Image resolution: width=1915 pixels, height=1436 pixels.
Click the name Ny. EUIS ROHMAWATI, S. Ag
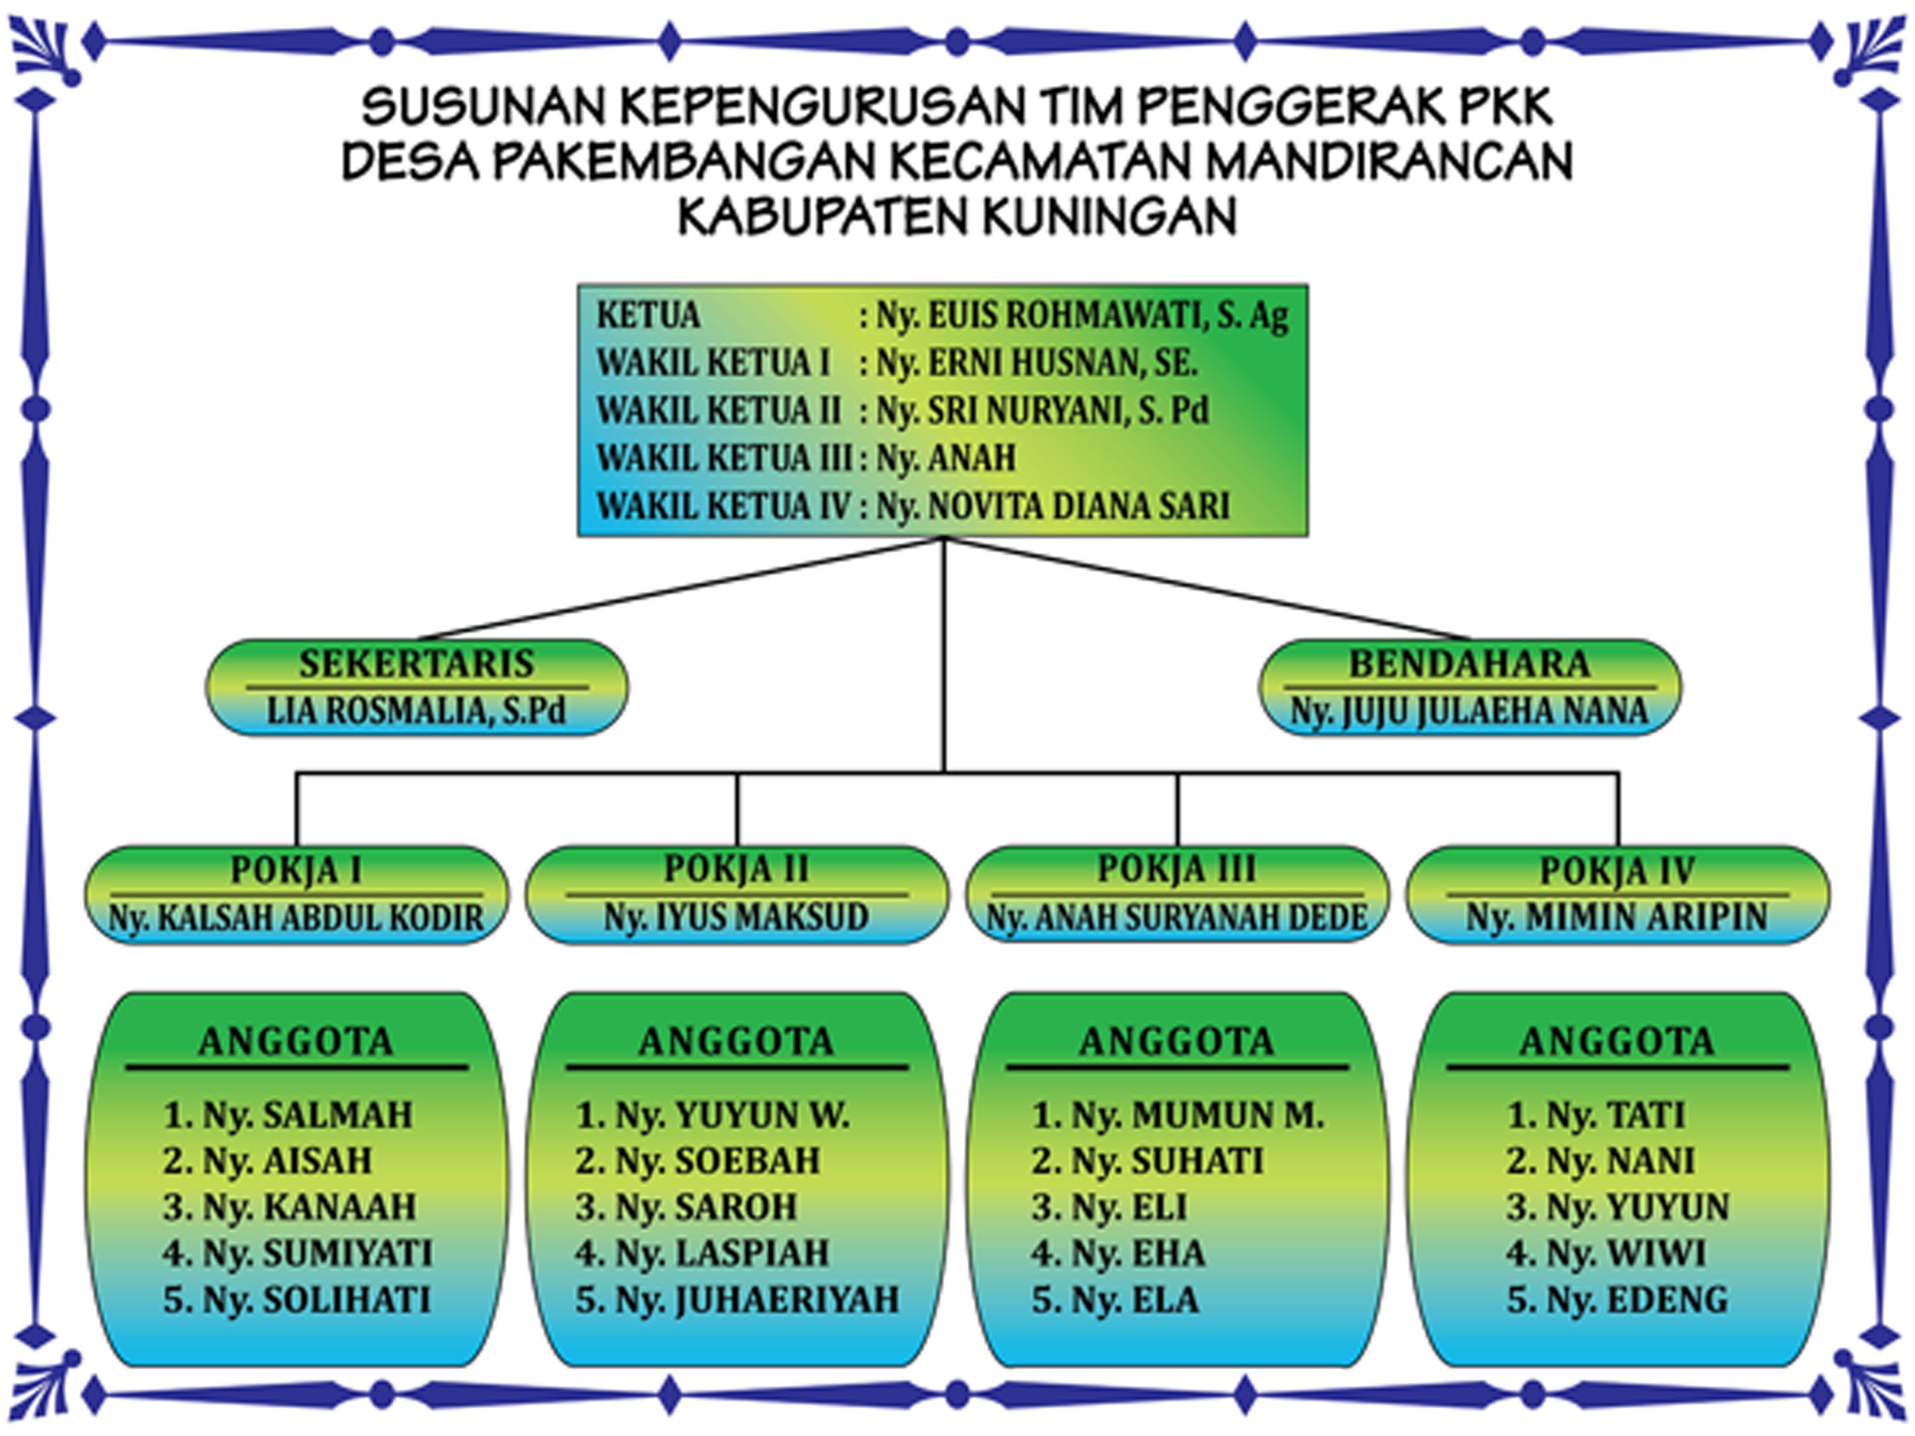coord(1082,317)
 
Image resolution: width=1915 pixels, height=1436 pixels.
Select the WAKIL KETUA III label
coord(724,458)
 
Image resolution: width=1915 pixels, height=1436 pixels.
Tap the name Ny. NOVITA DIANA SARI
coord(1053,505)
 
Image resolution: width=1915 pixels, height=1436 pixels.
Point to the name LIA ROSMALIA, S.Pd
coord(416,711)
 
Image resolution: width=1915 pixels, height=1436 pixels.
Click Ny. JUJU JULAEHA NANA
coord(1469,711)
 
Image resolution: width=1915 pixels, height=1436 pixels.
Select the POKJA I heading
coord(296,870)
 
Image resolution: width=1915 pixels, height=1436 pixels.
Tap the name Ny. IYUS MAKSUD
coord(736,916)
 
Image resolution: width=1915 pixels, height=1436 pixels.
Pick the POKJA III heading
coord(1176,869)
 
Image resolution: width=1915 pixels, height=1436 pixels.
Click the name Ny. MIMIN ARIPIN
coord(1616,916)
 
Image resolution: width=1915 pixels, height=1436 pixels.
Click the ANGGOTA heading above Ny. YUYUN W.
coord(736,1041)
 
